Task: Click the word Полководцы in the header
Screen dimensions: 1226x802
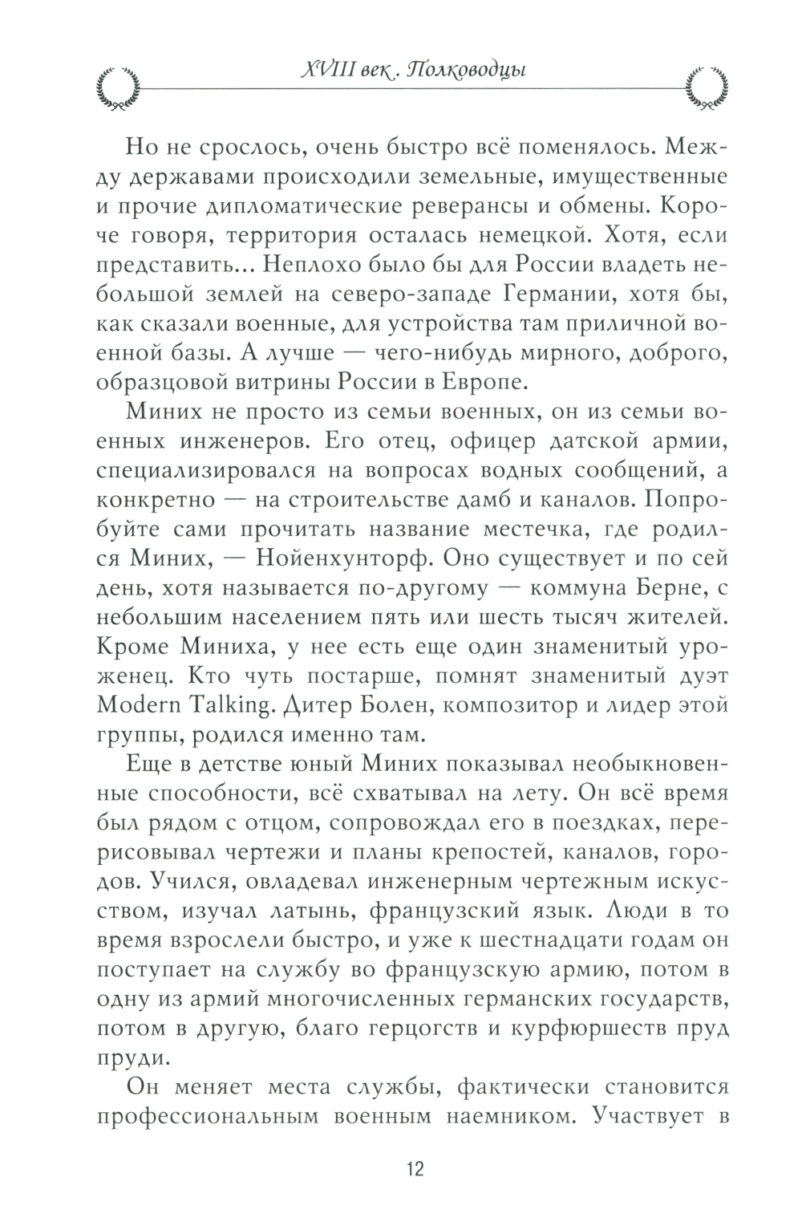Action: [x=465, y=71]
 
